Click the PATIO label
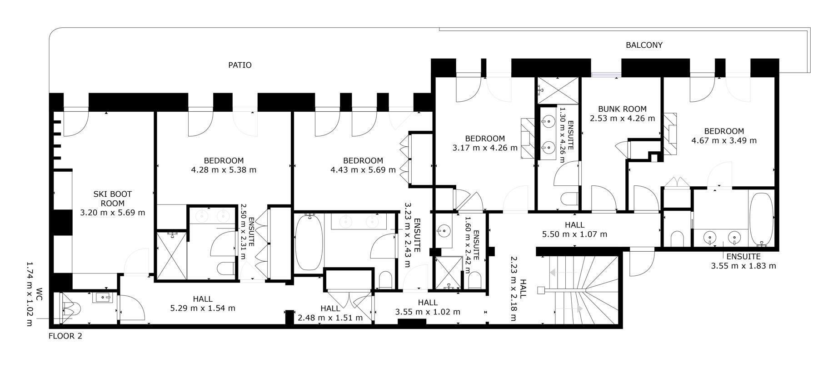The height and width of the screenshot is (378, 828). [x=239, y=65]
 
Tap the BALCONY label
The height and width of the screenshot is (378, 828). [x=644, y=45]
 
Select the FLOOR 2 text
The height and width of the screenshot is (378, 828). [x=65, y=336]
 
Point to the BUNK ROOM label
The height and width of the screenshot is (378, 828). [x=622, y=109]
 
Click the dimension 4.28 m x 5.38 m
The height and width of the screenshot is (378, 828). [x=224, y=170]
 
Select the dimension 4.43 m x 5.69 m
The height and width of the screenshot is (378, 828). [x=363, y=170]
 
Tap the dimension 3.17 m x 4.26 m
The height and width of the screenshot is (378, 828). [x=485, y=148]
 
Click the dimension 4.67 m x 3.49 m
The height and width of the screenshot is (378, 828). [x=724, y=140]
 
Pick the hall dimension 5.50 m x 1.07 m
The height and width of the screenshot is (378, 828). [x=574, y=234]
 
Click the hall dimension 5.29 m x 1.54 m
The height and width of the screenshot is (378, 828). [x=203, y=308]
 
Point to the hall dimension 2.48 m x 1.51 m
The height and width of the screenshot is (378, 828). [x=330, y=318]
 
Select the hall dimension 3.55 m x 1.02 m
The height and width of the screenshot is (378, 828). [x=428, y=312]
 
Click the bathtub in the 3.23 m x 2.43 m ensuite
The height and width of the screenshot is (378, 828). [x=309, y=242]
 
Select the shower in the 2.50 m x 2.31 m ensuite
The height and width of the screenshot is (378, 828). [x=171, y=255]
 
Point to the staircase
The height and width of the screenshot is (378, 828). [x=584, y=290]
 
